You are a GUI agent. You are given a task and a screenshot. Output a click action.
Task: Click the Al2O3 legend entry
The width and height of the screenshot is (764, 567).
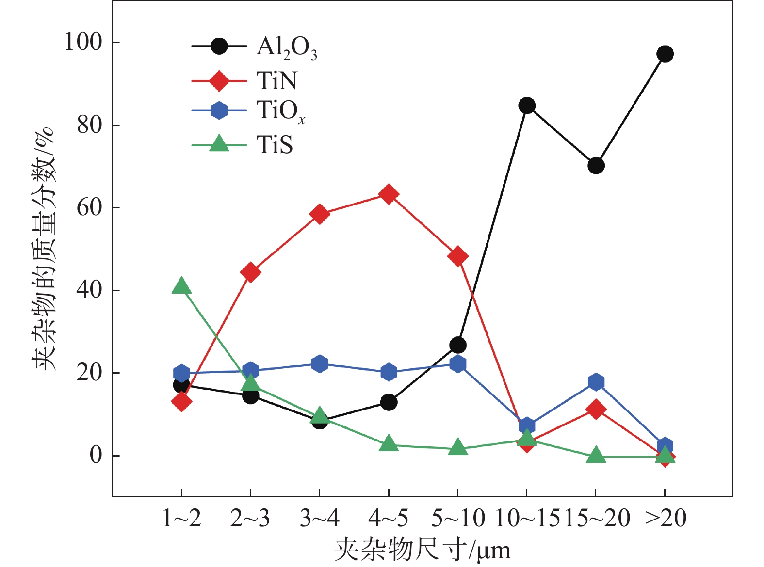pyautogui.click(x=286, y=47)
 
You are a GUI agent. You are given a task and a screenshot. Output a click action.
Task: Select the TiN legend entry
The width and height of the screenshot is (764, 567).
pyautogui.click(x=276, y=80)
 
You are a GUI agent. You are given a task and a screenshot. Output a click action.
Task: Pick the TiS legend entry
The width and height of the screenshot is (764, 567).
pyautogui.click(x=275, y=144)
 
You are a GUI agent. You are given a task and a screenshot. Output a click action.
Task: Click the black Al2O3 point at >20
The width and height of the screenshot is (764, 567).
pyautogui.click(x=665, y=54)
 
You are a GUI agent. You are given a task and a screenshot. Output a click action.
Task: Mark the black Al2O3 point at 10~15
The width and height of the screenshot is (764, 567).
pyautogui.click(x=527, y=106)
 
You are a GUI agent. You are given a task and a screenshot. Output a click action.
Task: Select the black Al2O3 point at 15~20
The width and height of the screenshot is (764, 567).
pyautogui.click(x=596, y=166)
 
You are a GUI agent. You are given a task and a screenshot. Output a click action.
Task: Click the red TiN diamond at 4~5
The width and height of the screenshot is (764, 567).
pyautogui.click(x=389, y=194)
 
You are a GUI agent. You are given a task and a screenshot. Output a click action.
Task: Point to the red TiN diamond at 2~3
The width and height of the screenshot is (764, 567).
pyautogui.click(x=250, y=272)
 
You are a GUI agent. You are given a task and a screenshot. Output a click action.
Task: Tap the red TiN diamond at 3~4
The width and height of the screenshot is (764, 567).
pyautogui.click(x=319, y=214)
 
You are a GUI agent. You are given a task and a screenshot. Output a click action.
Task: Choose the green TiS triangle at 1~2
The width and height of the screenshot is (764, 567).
pyautogui.click(x=181, y=286)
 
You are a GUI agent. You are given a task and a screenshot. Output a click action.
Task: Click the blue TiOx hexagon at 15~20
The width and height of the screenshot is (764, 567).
pyautogui.click(x=596, y=382)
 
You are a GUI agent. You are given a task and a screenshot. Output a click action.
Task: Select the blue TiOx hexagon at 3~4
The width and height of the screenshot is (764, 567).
pyautogui.click(x=319, y=363)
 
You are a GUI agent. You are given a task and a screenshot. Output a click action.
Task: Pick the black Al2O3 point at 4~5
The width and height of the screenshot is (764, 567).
pyautogui.click(x=389, y=402)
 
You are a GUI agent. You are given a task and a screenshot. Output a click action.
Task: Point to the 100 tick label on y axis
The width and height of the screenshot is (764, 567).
pyautogui.click(x=83, y=43)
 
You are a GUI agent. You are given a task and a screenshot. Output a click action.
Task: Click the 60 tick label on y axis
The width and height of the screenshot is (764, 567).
pyautogui.click(x=90, y=208)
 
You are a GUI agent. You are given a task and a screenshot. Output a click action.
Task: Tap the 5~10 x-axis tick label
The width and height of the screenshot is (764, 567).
pyautogui.click(x=458, y=519)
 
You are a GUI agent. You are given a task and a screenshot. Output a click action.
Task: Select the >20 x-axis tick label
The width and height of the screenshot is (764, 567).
pyautogui.click(x=666, y=519)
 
